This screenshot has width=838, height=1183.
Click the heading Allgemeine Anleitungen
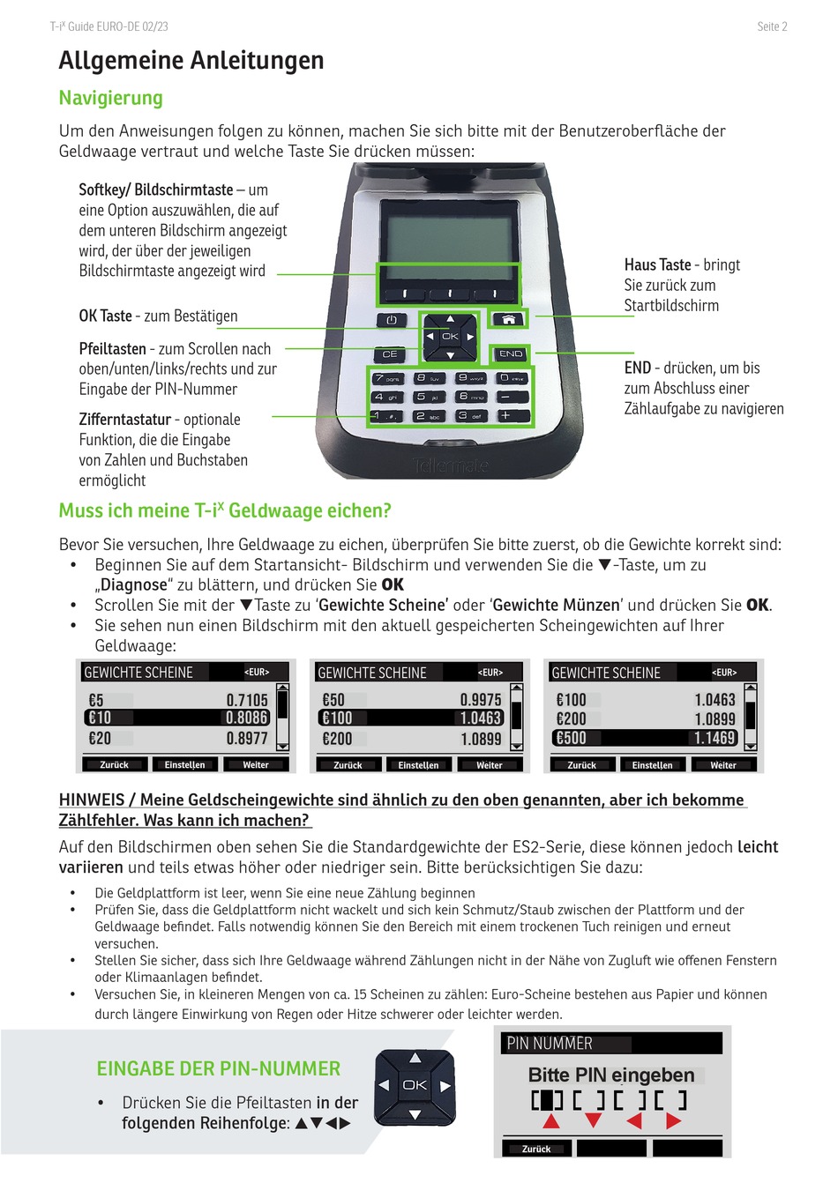point(191,61)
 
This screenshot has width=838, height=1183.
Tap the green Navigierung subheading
point(111,98)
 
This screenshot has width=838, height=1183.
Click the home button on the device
point(509,319)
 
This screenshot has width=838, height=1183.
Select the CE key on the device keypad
point(389,353)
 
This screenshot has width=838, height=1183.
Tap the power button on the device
point(392,320)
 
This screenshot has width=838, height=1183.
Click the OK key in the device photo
point(450,337)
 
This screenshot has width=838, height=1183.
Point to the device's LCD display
point(449,230)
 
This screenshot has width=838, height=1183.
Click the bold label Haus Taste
point(657,264)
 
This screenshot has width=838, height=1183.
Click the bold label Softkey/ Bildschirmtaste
point(156,190)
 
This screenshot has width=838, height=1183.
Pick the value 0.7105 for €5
point(247,700)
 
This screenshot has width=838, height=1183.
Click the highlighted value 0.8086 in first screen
point(247,718)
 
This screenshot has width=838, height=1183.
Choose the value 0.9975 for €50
point(481,700)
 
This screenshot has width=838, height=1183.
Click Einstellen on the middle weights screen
point(418,765)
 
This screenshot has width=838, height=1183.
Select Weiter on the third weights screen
point(723,765)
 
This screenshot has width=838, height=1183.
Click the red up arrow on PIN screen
point(551,1121)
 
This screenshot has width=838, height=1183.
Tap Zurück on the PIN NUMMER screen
point(536,1149)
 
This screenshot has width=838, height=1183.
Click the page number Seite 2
point(772,26)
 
